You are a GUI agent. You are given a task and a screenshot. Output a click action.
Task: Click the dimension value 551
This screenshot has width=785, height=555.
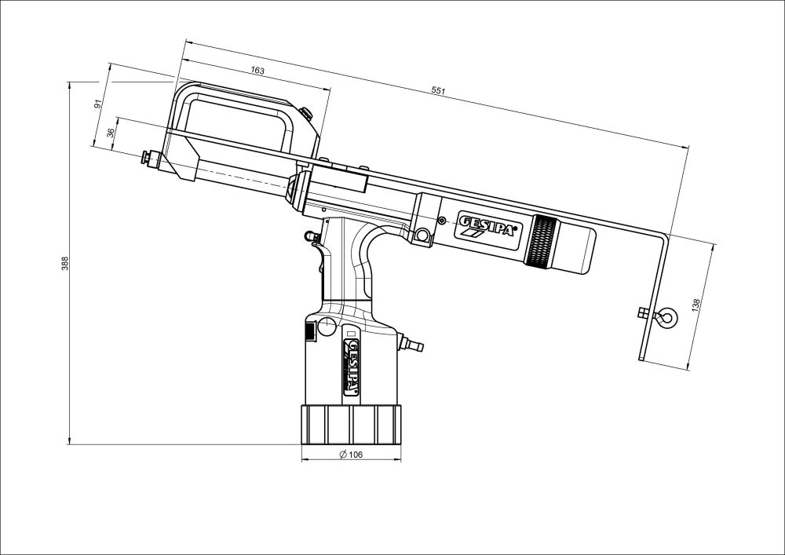coord(439,92)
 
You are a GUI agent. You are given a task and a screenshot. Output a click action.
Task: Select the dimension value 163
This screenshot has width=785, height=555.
coord(257,71)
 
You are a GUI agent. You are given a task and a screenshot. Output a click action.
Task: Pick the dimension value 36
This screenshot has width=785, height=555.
coord(111,133)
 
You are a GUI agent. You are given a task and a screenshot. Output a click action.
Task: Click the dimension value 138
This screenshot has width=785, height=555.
coord(696,304)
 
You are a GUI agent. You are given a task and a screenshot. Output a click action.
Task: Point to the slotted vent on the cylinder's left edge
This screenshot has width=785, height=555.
coord(309,330)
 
